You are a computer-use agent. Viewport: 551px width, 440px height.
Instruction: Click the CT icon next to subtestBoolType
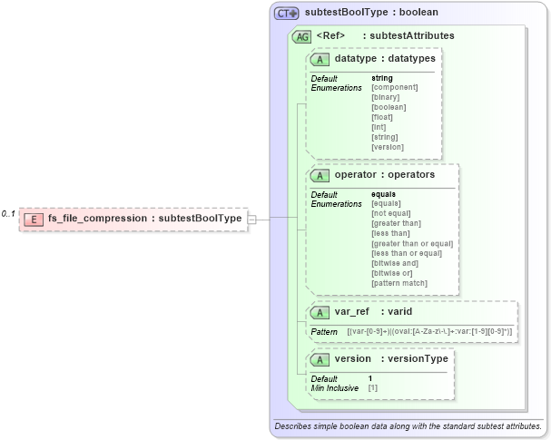tap(288, 14)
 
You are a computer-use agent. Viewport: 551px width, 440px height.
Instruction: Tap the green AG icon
tap(300, 36)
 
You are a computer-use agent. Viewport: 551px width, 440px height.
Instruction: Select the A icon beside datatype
tap(320, 59)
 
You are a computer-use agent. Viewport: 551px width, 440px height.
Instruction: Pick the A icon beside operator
tap(320, 174)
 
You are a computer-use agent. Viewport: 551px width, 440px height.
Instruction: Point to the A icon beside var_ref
tap(320, 312)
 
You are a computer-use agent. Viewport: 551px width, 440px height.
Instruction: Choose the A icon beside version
tap(320, 359)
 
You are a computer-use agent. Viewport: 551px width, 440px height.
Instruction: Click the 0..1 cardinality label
tap(8, 214)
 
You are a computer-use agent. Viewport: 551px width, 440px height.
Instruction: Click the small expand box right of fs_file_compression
tap(251, 219)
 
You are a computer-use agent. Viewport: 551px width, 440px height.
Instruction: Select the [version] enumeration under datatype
tap(388, 147)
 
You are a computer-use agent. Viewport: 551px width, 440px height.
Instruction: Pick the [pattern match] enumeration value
tap(400, 283)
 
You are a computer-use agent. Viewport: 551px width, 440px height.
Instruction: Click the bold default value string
tap(381, 78)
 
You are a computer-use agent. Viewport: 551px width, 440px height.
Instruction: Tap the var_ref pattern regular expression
tap(429, 332)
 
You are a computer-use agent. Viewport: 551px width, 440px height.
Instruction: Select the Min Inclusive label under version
tap(335, 387)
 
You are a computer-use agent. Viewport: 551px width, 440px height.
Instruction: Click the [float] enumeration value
tap(383, 117)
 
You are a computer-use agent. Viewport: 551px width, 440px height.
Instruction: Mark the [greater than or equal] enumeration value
tap(412, 243)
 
